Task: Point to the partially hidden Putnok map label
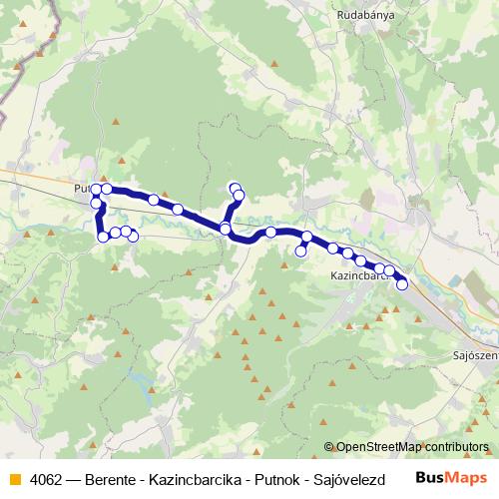point(82,187)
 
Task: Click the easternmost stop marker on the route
point(402,284)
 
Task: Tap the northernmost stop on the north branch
point(235,188)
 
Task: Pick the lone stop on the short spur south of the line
point(300,251)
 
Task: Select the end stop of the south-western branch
point(133,236)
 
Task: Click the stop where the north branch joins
point(226,230)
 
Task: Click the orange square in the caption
point(14,478)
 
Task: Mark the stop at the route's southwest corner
point(103,237)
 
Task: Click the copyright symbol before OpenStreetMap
point(329,448)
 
